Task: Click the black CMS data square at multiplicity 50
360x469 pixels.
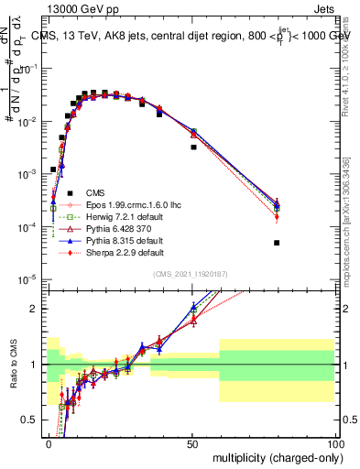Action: point(193,147)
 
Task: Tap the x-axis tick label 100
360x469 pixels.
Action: point(334,441)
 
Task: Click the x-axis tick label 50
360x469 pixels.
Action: point(192,441)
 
